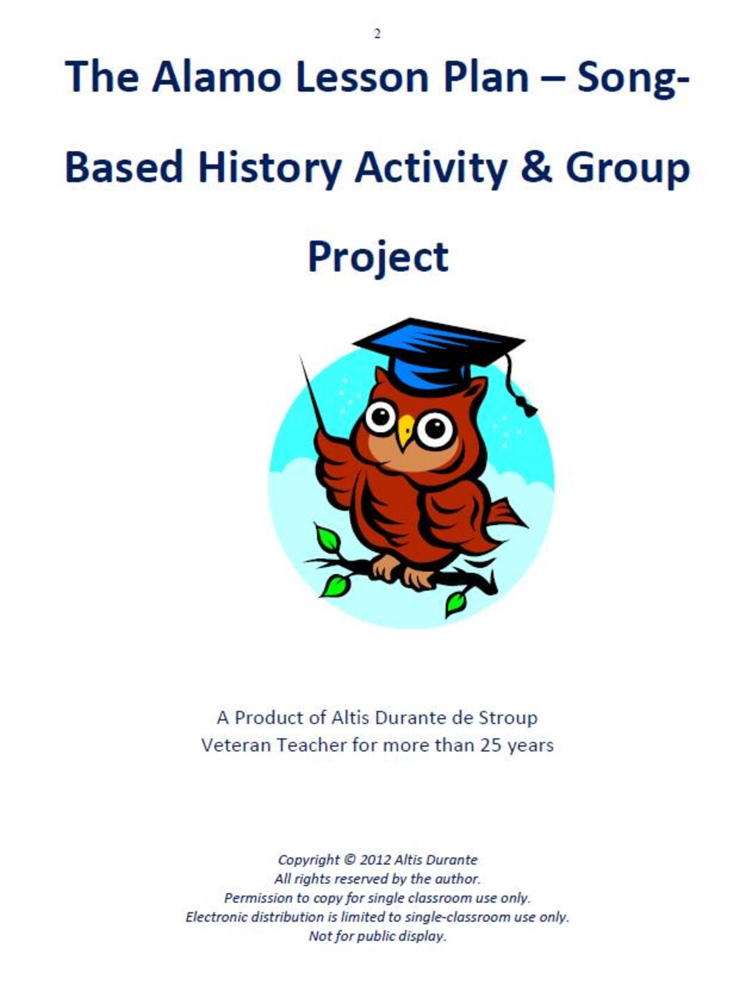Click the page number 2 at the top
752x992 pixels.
tap(377, 33)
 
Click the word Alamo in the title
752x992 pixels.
tap(217, 77)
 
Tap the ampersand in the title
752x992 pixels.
tap(535, 167)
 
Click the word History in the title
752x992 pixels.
tap(269, 167)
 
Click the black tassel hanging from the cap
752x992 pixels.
tap(524, 403)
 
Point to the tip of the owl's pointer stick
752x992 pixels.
tap(301, 358)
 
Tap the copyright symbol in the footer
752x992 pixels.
tap(350, 860)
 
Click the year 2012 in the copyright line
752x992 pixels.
tap(375, 860)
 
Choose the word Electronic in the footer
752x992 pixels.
tap(216, 917)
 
